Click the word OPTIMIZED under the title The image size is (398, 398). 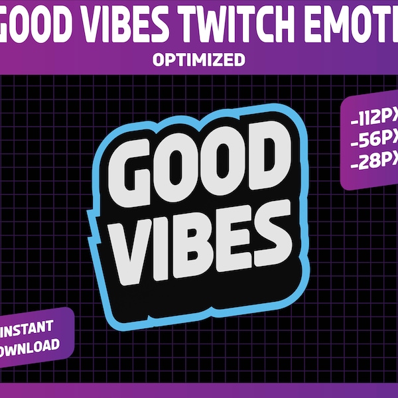click(199, 60)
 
